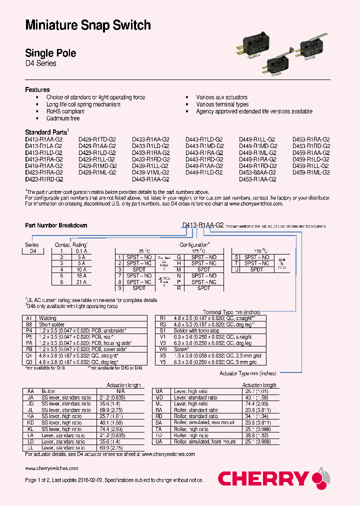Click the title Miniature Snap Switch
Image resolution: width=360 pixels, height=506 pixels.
click(x=88, y=25)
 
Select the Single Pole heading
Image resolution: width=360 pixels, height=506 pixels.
click(x=50, y=53)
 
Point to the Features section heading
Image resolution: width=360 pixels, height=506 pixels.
click(x=37, y=89)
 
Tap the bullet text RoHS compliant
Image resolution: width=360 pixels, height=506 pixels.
click(x=65, y=111)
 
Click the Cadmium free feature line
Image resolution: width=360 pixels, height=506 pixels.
click(x=63, y=118)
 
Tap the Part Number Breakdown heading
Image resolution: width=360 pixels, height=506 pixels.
click(x=56, y=225)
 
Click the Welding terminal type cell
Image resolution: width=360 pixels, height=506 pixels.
click(x=47, y=318)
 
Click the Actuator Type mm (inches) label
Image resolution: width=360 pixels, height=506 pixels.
click(x=247, y=373)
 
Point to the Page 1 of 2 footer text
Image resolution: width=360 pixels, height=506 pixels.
click(x=114, y=480)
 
